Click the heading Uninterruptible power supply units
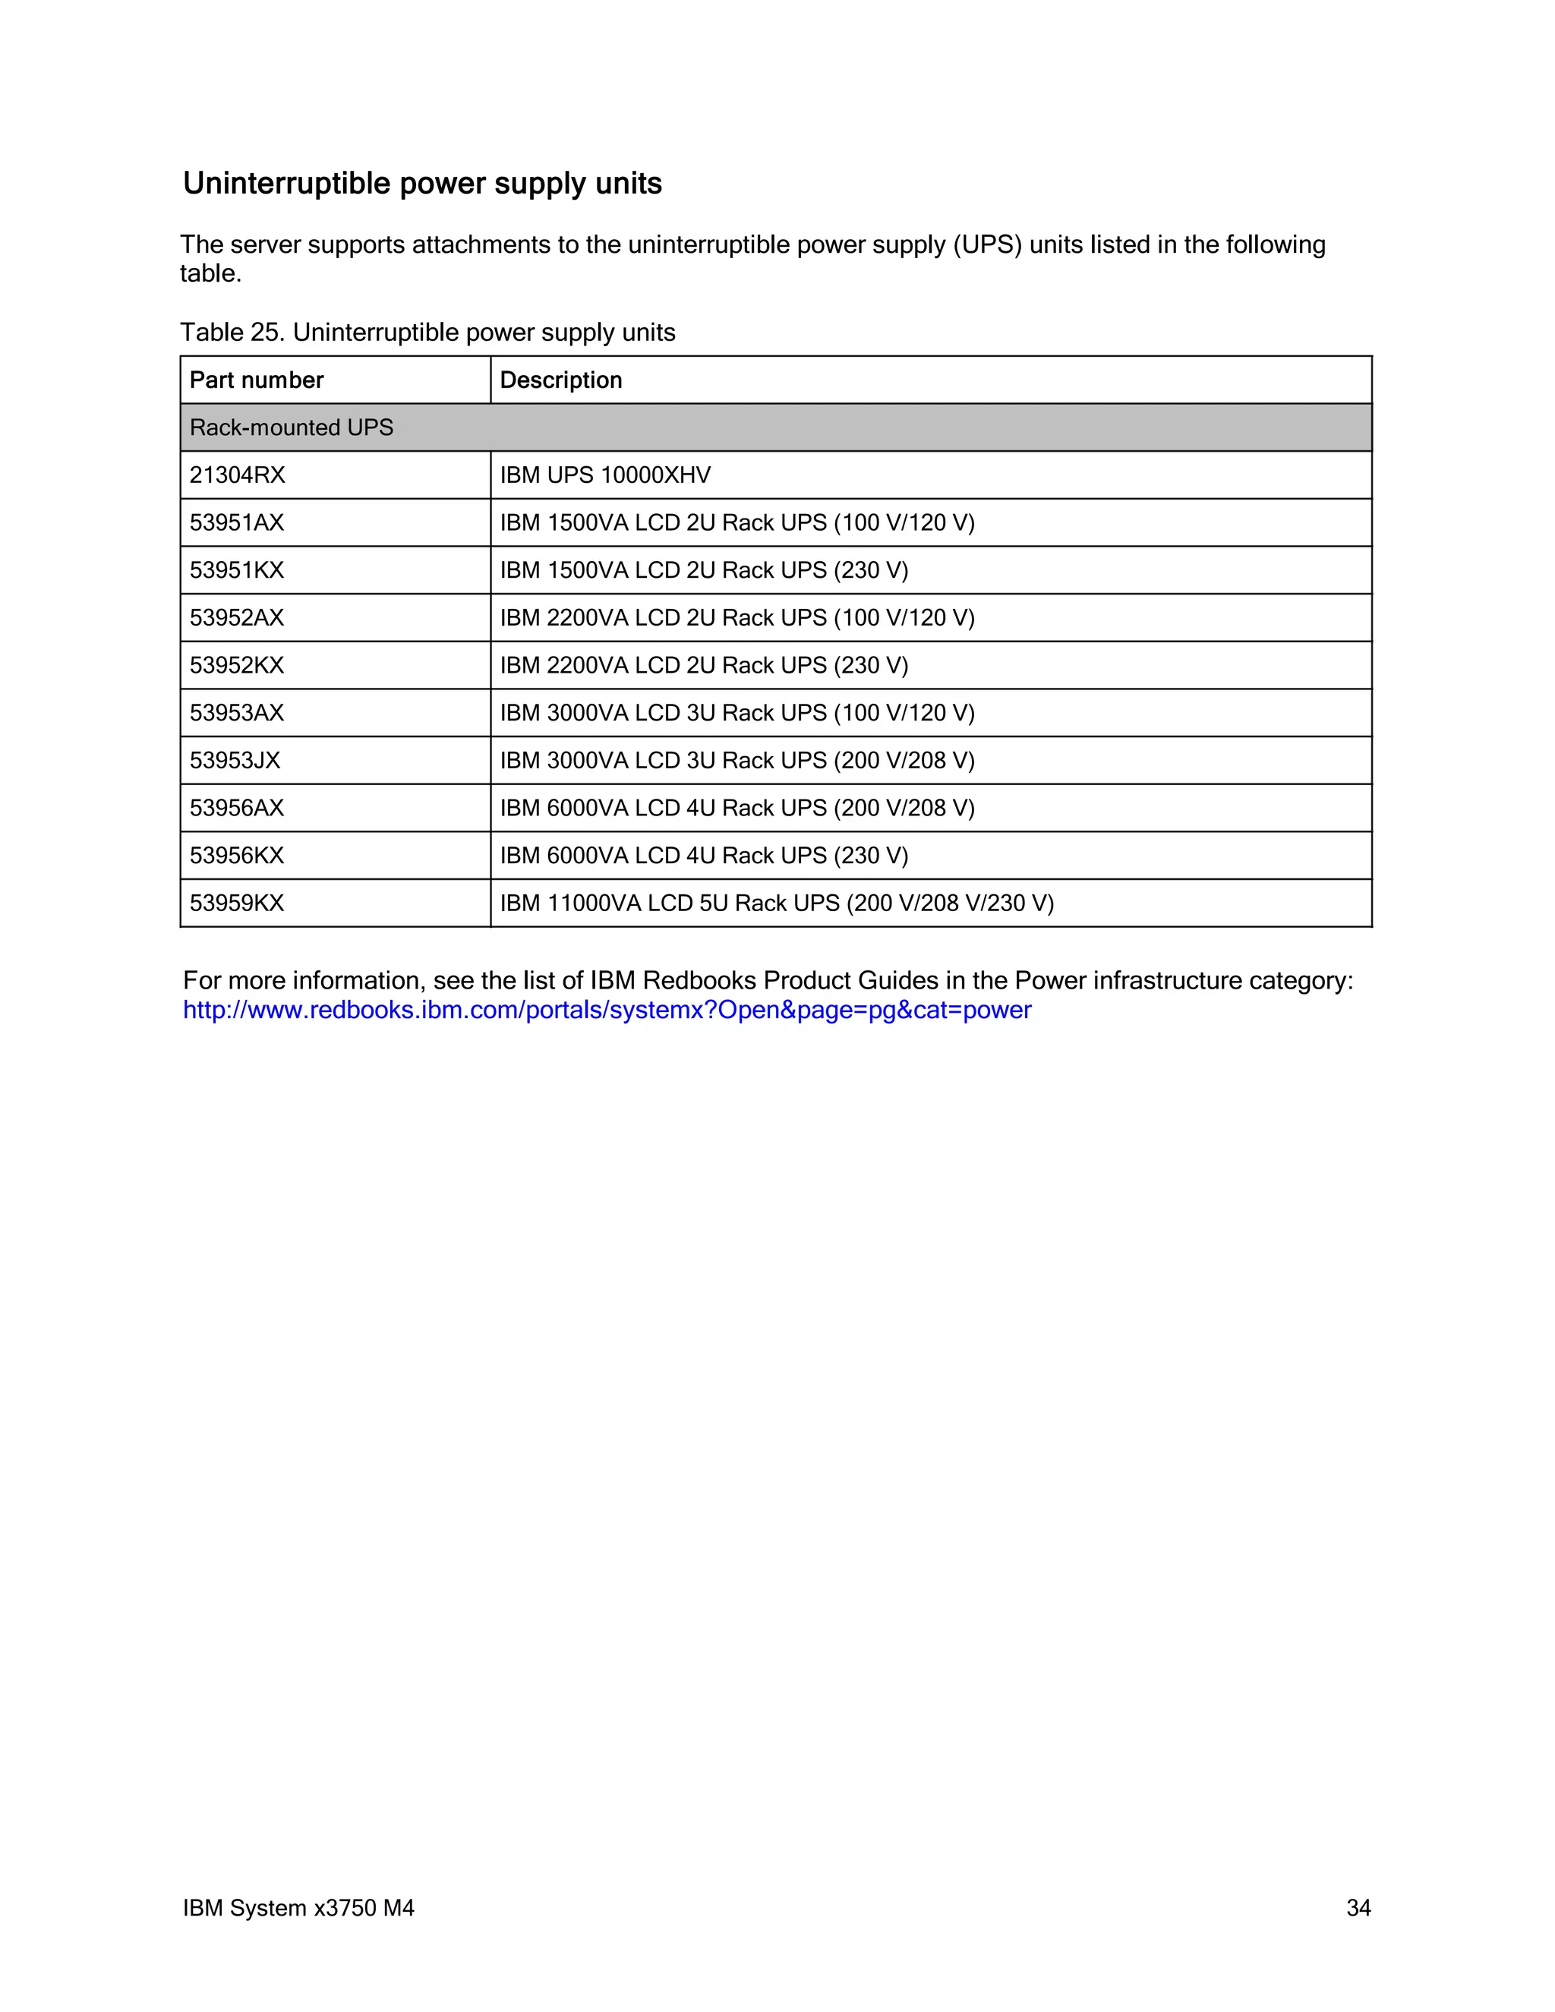422,183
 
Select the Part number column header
256,380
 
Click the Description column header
560,380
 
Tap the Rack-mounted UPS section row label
291,427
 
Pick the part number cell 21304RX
237,475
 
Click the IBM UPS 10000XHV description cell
605,475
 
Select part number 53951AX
237,523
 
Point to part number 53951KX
237,570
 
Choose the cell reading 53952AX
237,618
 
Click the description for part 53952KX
704,666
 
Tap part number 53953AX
237,713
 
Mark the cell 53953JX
235,761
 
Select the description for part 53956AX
737,809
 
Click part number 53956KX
237,856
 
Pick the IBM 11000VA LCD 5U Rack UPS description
777,904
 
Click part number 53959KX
237,904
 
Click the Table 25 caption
427,333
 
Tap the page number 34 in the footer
1358,1908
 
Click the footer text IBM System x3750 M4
298,1908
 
